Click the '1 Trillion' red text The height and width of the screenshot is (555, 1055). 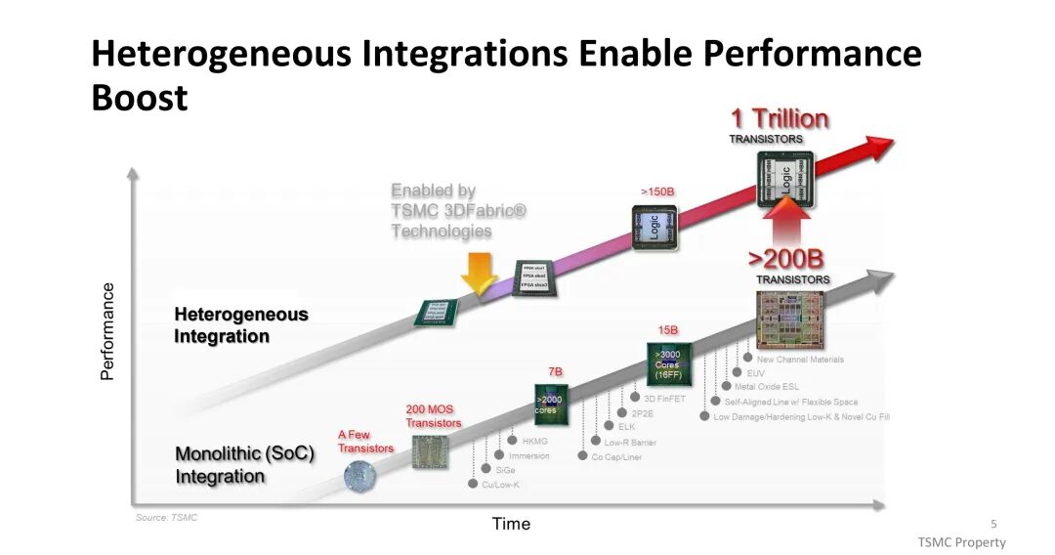(x=779, y=119)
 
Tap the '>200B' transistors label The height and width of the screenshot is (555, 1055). (x=785, y=259)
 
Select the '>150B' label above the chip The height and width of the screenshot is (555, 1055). (x=657, y=192)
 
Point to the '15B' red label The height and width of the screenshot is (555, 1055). (x=667, y=330)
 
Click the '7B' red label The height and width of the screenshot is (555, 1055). (x=554, y=372)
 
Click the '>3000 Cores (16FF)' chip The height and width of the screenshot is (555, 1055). (x=669, y=363)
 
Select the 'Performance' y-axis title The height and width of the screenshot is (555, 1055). (x=108, y=332)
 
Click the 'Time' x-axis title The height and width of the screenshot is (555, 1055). (x=511, y=524)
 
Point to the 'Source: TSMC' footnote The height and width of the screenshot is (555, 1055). (x=166, y=518)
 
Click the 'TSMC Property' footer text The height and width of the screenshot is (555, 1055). (x=961, y=542)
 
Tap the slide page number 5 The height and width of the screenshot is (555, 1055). (x=993, y=524)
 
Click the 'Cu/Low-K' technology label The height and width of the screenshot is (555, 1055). (x=500, y=485)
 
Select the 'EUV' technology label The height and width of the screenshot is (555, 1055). (x=755, y=372)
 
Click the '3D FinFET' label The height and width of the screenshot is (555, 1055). (x=664, y=398)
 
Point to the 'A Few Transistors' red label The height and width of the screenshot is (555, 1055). (x=365, y=442)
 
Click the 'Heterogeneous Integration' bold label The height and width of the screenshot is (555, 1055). (x=240, y=325)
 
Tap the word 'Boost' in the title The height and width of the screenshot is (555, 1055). (x=139, y=98)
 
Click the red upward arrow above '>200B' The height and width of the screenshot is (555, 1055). (x=785, y=220)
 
